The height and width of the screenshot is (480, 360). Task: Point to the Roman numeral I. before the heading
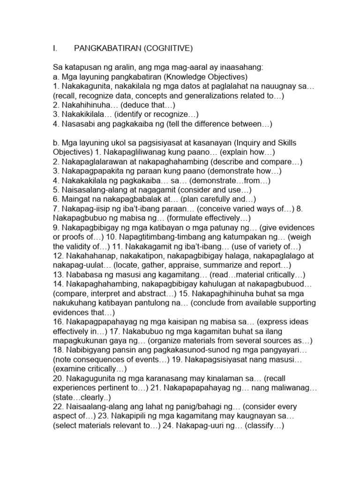coord(55,48)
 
